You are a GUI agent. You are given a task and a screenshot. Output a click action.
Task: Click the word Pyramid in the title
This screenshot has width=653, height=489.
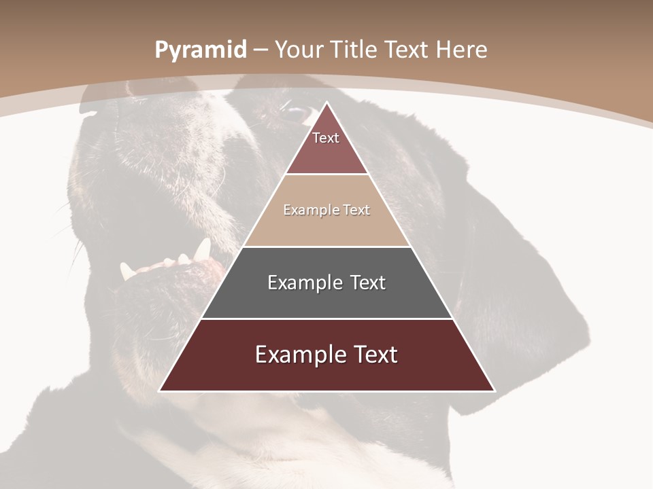pyautogui.click(x=200, y=50)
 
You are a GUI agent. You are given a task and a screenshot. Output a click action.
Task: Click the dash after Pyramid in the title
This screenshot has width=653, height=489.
pyautogui.click(x=261, y=50)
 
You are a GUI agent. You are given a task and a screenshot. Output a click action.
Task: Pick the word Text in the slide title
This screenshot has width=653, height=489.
pyautogui.click(x=407, y=50)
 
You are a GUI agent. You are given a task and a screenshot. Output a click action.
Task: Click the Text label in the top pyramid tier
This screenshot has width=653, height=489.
pyautogui.click(x=326, y=138)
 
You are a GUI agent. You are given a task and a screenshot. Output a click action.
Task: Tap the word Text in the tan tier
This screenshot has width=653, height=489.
pyautogui.click(x=356, y=210)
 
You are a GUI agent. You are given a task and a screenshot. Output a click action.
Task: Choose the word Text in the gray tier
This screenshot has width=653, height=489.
pyautogui.click(x=368, y=283)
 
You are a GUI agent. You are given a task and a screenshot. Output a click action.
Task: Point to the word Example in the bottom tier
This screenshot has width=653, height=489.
pyautogui.click(x=297, y=355)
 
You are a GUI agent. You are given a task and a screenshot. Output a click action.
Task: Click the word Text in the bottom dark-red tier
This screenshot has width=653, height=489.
pyautogui.click(x=375, y=355)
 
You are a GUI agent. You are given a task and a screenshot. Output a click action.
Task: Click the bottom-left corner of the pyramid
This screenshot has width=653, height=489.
pyautogui.click(x=159, y=391)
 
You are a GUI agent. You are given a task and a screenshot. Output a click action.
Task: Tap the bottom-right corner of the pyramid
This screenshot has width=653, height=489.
pyautogui.click(x=495, y=391)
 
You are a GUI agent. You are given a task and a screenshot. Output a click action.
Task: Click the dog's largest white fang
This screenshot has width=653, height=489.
pyautogui.click(x=202, y=249)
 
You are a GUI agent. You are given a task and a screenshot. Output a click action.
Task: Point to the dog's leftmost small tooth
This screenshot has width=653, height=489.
pyautogui.click(x=126, y=271)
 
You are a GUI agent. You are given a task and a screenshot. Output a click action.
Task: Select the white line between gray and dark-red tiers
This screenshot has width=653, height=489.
pyautogui.click(x=327, y=319)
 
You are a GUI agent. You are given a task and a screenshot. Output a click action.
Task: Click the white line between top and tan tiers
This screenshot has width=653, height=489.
pyautogui.click(x=327, y=175)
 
